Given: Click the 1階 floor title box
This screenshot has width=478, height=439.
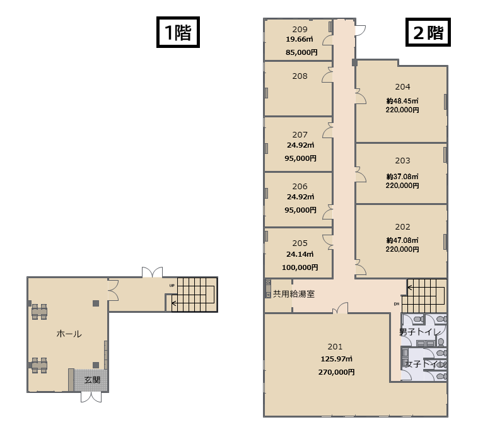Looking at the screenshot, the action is pyautogui.click(x=178, y=32).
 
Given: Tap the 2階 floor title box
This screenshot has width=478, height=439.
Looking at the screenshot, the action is pyautogui.click(x=428, y=32).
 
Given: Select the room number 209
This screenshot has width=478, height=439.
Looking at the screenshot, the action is pyautogui.click(x=300, y=29).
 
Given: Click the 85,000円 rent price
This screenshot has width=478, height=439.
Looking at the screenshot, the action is pyautogui.click(x=301, y=52).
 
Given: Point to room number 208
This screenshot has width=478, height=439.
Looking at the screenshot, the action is pyautogui.click(x=300, y=76).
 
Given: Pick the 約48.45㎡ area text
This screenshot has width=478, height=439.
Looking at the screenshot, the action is pyautogui.click(x=402, y=101).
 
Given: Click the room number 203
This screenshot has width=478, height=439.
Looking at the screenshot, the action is pyautogui.click(x=402, y=161).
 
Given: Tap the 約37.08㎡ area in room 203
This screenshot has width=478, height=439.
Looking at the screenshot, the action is pyautogui.click(x=402, y=177).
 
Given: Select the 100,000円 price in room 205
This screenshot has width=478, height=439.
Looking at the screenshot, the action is pyautogui.click(x=300, y=267).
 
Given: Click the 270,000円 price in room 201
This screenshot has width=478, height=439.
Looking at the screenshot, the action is pyautogui.click(x=336, y=372).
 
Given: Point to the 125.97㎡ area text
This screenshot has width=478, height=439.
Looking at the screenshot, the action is pyautogui.click(x=336, y=359).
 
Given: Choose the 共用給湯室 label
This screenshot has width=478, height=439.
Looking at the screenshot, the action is pyautogui.click(x=294, y=294).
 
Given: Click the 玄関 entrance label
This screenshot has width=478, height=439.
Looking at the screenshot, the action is pyautogui.click(x=92, y=380).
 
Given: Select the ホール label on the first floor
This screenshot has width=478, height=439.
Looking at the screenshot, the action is pyautogui.click(x=69, y=334).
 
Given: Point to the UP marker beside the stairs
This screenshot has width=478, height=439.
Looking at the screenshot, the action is pyautogui.click(x=172, y=286).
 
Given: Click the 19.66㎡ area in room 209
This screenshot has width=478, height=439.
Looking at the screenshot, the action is pyautogui.click(x=300, y=39).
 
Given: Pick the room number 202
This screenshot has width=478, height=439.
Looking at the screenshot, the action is pyautogui.click(x=402, y=227).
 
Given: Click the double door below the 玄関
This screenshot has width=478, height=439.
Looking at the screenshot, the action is pyautogui.click(x=91, y=397).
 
